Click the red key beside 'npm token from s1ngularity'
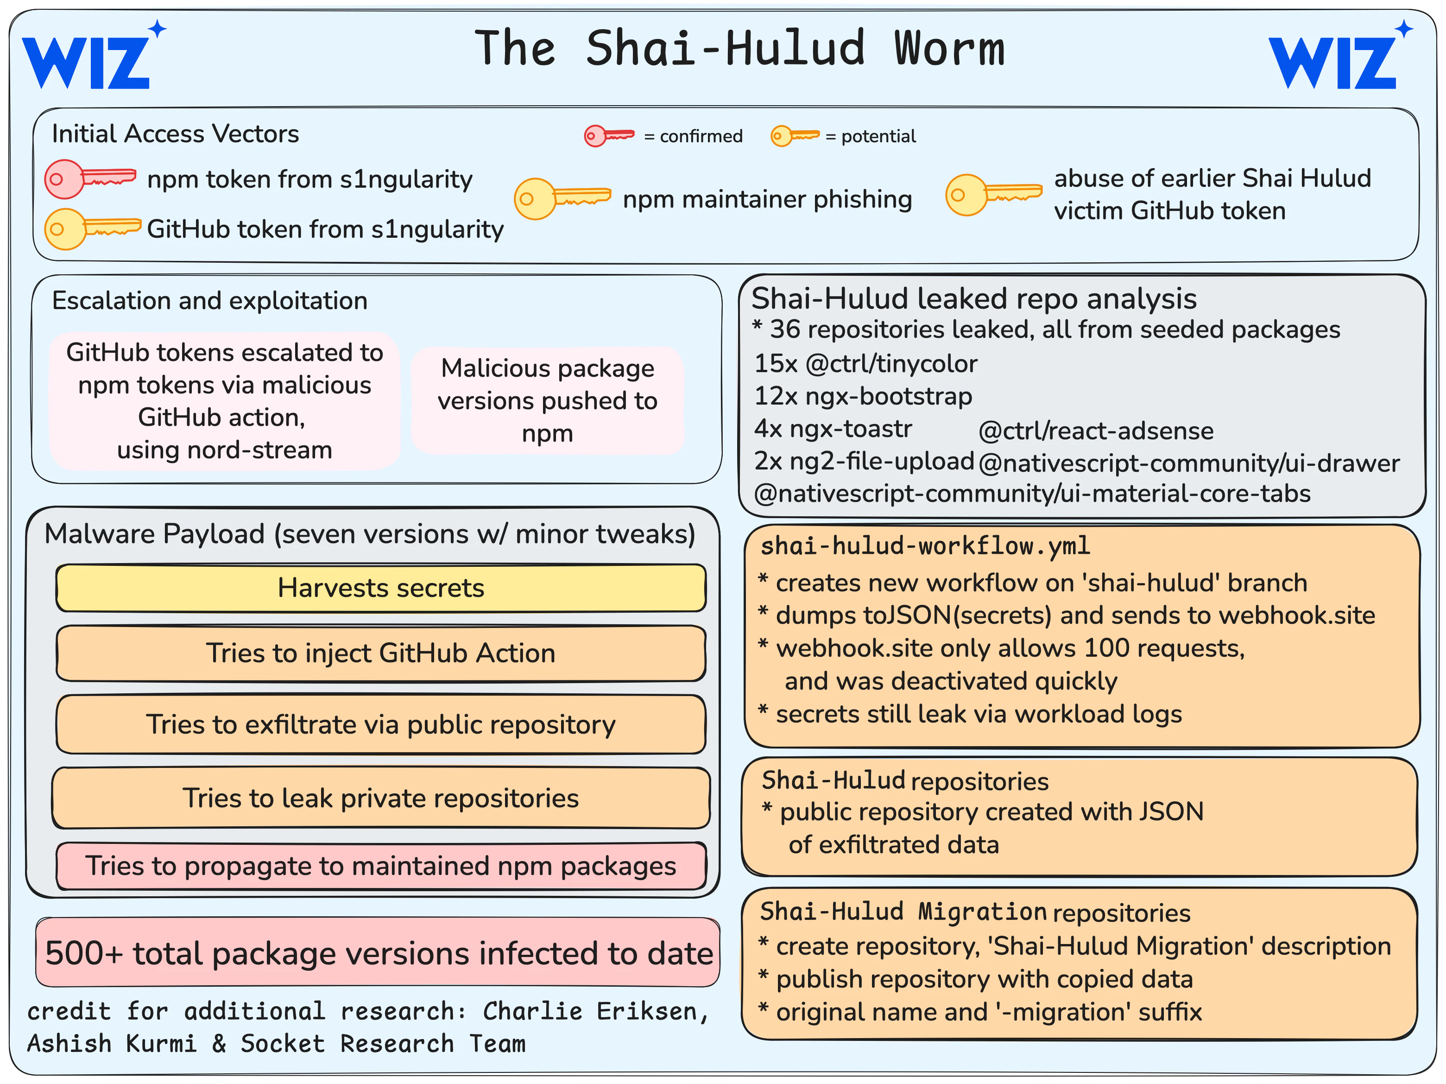pos(90,178)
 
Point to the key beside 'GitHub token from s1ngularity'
pos(92,229)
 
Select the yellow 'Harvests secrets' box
pos(381,588)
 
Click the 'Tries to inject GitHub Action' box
pos(381,653)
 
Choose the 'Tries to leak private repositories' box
pos(381,798)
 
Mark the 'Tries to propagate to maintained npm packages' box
pos(381,866)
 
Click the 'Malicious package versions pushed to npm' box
pos(548,401)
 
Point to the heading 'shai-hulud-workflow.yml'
pos(925,546)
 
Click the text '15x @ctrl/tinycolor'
pos(865,363)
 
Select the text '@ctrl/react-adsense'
pos(1096,431)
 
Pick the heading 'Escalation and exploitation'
pos(209,300)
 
